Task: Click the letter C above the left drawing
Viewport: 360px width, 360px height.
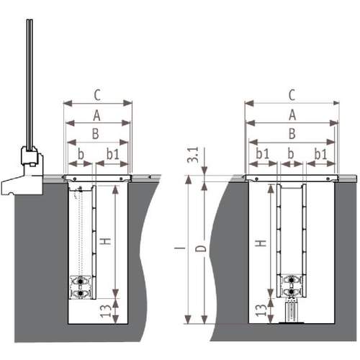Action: tap(97, 95)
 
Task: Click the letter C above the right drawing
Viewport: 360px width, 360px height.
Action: tap(292, 95)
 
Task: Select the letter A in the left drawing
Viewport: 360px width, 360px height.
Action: tap(96, 115)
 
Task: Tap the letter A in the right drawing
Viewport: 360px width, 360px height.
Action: tap(292, 114)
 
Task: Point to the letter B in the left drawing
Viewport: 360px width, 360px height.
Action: tap(96, 134)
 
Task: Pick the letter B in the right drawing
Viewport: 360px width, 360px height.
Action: tap(292, 134)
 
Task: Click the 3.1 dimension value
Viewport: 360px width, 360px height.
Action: tap(194, 155)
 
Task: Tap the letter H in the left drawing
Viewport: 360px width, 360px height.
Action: tap(105, 241)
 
